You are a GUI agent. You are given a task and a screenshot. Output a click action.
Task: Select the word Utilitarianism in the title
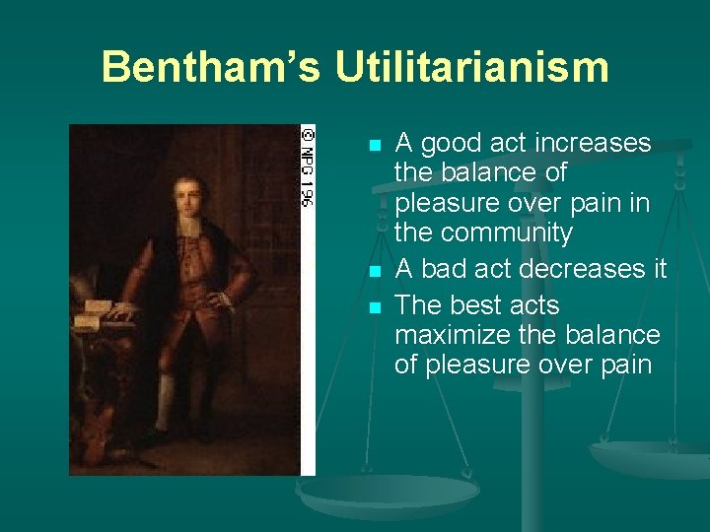471,68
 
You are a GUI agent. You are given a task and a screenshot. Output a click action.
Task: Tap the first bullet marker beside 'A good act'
373,146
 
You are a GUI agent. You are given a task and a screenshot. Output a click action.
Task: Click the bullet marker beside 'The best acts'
373,307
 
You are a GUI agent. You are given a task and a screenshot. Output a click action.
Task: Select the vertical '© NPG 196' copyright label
307,166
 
